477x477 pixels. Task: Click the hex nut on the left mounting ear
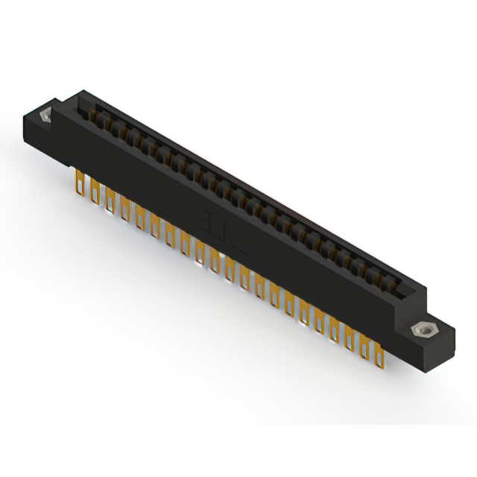(x=45, y=116)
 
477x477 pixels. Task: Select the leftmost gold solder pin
(x=79, y=181)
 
